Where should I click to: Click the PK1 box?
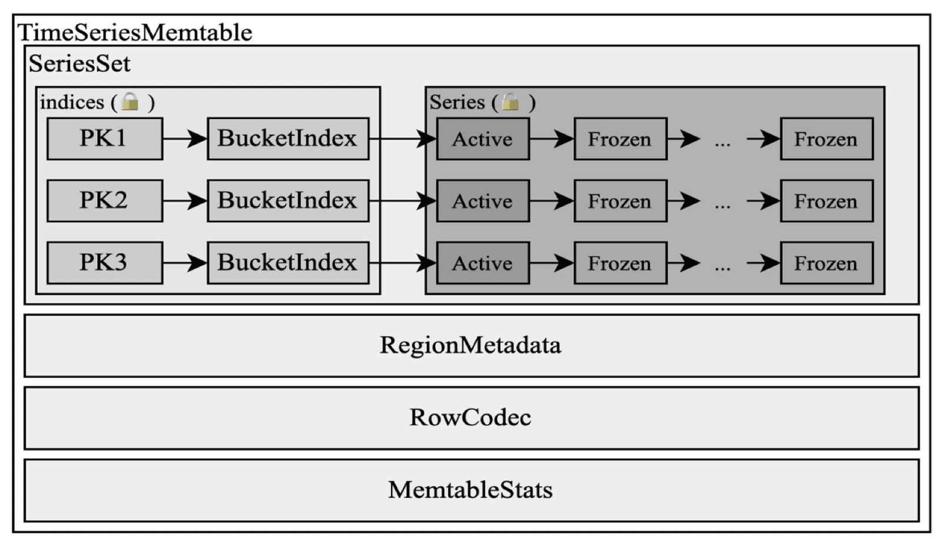click(x=105, y=138)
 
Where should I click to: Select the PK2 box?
click(x=105, y=201)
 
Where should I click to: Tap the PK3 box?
click(x=105, y=263)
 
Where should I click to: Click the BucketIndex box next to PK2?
click(x=288, y=201)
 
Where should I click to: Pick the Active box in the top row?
click(x=483, y=139)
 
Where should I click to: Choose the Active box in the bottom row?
click(x=483, y=263)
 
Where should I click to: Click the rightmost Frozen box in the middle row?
click(x=827, y=201)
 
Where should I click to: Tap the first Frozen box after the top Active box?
click(x=621, y=139)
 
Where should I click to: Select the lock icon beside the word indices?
click(x=130, y=102)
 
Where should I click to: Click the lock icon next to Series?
click(x=510, y=102)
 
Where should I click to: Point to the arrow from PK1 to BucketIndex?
click(x=185, y=139)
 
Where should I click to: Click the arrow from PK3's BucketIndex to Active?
click(x=403, y=263)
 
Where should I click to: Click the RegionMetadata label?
click(x=470, y=345)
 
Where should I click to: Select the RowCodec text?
click(x=470, y=418)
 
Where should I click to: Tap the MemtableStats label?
click(x=470, y=490)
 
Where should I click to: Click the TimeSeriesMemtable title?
click(x=135, y=32)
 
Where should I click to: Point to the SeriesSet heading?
click(x=79, y=64)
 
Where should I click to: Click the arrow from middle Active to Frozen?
click(x=552, y=201)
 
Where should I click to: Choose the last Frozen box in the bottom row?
click(x=827, y=263)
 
